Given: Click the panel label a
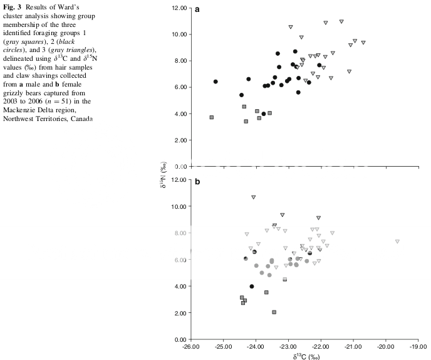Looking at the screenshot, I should (198, 9).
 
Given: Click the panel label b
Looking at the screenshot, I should (198, 182).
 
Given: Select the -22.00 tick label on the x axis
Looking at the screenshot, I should (321, 346).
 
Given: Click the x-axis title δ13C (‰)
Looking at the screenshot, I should (305, 355).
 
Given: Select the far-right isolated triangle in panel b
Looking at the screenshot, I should (397, 241).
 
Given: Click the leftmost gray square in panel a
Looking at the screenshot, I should (212, 117).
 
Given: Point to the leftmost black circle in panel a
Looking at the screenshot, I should (215, 82).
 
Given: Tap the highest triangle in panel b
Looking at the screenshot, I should (254, 197).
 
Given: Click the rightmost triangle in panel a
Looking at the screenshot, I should (363, 43).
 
